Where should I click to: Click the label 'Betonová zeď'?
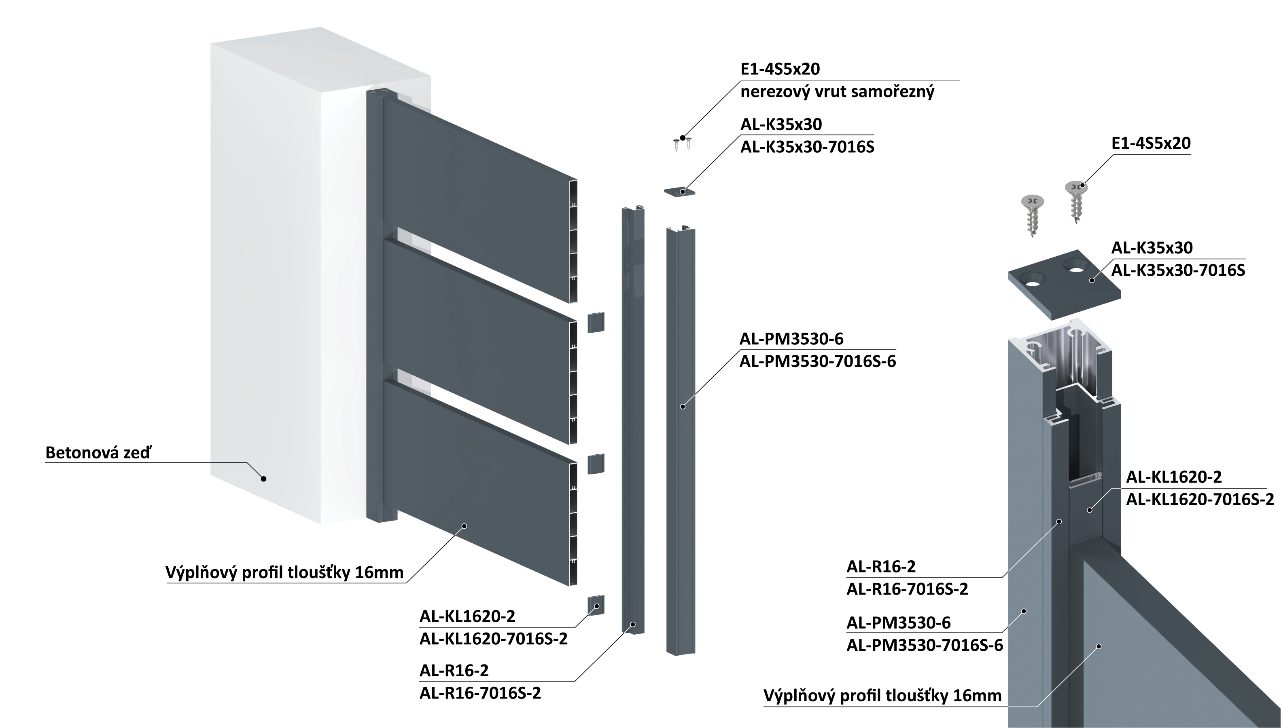point(98,452)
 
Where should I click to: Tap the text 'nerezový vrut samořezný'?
point(837,92)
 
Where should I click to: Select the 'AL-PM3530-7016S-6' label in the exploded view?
point(818,361)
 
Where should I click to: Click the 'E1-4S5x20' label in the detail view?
point(1151,143)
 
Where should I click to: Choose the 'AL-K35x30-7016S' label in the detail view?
point(1178,270)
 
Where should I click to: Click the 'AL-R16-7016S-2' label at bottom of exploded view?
point(480,693)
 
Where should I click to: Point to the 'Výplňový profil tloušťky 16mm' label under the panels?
point(284,572)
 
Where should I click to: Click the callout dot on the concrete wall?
point(264,479)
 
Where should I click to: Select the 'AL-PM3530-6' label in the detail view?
point(898,622)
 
